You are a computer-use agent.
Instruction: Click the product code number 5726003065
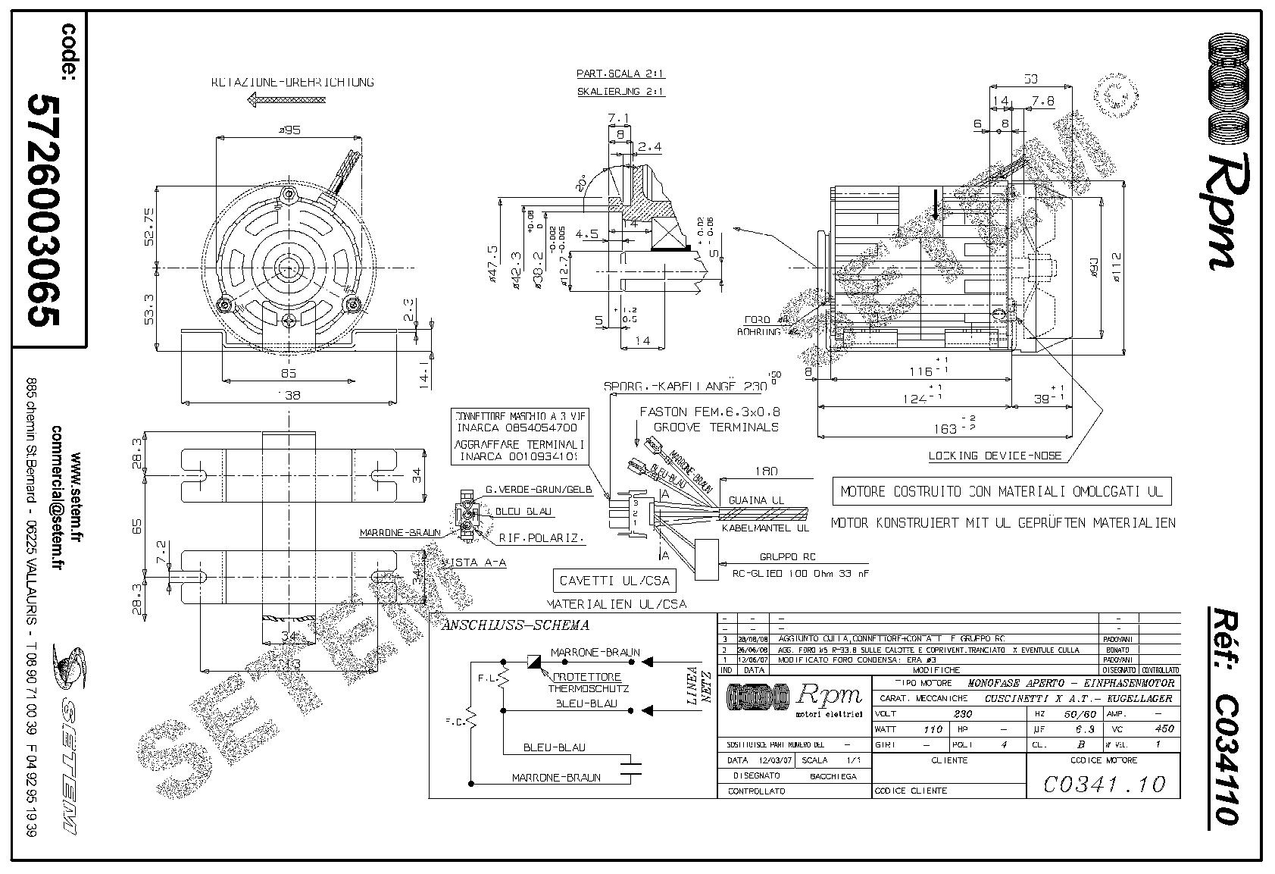43,211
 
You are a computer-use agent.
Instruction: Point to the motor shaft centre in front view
289,267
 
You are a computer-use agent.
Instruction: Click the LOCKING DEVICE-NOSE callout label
995,456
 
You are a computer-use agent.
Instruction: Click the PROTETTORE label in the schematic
586,677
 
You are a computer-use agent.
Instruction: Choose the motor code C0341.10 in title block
1104,783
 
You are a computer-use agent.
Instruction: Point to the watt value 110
933,729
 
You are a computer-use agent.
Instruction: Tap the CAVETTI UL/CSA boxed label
614,581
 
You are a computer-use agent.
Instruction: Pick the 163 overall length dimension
945,428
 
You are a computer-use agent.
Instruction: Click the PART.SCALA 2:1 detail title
620,74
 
